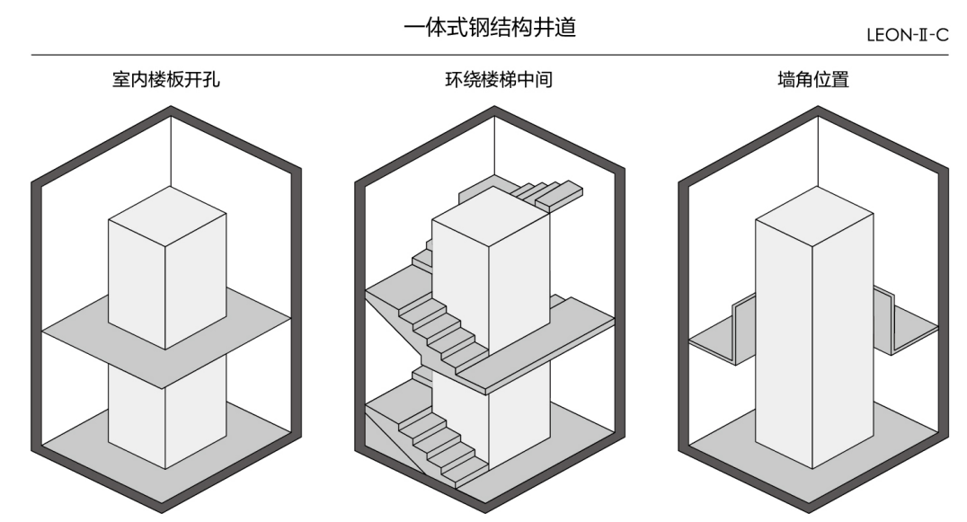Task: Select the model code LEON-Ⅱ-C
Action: click(x=905, y=35)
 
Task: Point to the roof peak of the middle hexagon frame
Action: click(x=493, y=111)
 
